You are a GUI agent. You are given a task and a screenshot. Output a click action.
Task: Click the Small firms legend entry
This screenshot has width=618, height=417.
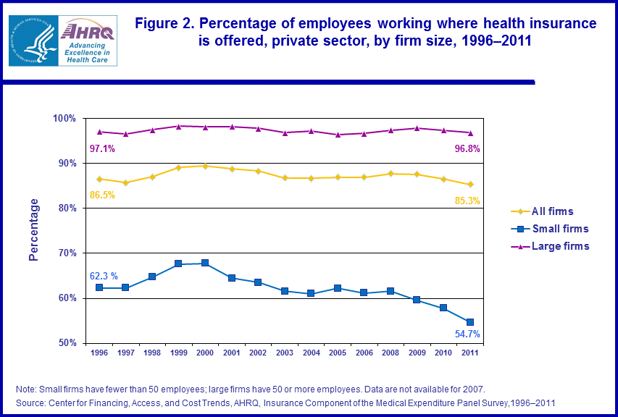(x=560, y=229)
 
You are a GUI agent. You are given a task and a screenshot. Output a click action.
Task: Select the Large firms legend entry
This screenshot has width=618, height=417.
(x=560, y=246)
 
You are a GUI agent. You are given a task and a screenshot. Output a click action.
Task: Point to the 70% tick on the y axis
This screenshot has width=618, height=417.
(x=67, y=253)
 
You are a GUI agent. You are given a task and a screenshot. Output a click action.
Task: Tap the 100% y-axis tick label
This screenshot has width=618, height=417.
(x=64, y=118)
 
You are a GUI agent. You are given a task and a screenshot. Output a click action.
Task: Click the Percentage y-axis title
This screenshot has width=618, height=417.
(x=33, y=230)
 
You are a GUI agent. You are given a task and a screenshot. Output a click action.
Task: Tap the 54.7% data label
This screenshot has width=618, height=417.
(x=467, y=334)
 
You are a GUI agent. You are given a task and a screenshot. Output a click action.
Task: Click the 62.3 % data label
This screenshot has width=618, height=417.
(x=104, y=276)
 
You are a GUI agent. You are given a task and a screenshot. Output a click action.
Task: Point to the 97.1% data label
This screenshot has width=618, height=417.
(x=102, y=148)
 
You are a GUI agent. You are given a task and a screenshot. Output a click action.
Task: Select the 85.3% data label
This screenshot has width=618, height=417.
(x=467, y=200)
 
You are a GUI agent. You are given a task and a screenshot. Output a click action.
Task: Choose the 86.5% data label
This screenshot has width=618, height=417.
(x=102, y=195)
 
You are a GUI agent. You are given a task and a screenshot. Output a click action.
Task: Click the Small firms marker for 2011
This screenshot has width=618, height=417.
(x=469, y=322)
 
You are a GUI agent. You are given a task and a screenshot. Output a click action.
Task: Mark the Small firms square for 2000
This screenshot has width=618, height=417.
(x=205, y=263)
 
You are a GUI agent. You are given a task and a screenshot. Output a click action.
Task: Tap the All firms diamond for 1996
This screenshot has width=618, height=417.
(x=99, y=179)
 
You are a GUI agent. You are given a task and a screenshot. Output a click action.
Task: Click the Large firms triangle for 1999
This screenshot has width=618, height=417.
(x=179, y=126)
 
